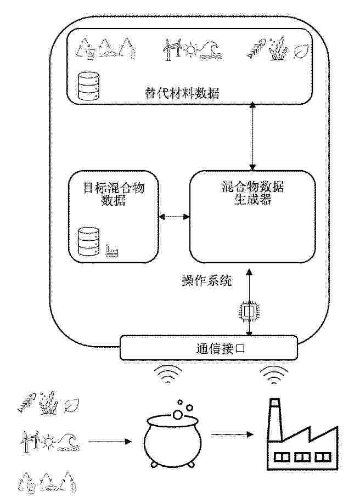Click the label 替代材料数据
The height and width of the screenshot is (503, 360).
tap(182, 93)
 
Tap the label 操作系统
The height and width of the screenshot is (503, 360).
tap(207, 281)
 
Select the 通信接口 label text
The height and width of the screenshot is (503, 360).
tap(221, 348)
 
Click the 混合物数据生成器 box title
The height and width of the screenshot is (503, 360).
tap(252, 193)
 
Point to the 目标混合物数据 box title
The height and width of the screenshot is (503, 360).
tap(114, 194)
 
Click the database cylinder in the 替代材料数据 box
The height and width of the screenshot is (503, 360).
tap(88, 86)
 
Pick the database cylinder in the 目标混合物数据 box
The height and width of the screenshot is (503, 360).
tap(89, 241)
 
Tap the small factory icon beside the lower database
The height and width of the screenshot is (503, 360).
tap(111, 251)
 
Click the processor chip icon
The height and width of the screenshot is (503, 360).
tap(249, 310)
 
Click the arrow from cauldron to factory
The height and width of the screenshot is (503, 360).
tap(232, 435)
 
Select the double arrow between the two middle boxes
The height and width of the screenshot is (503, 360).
tap(174, 217)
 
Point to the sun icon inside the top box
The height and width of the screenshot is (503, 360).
tap(191, 49)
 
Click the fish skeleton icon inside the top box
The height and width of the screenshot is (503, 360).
tap(256, 48)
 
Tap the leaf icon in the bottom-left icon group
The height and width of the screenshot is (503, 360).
tap(71, 406)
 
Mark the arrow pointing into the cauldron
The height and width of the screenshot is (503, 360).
tap(110, 442)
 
